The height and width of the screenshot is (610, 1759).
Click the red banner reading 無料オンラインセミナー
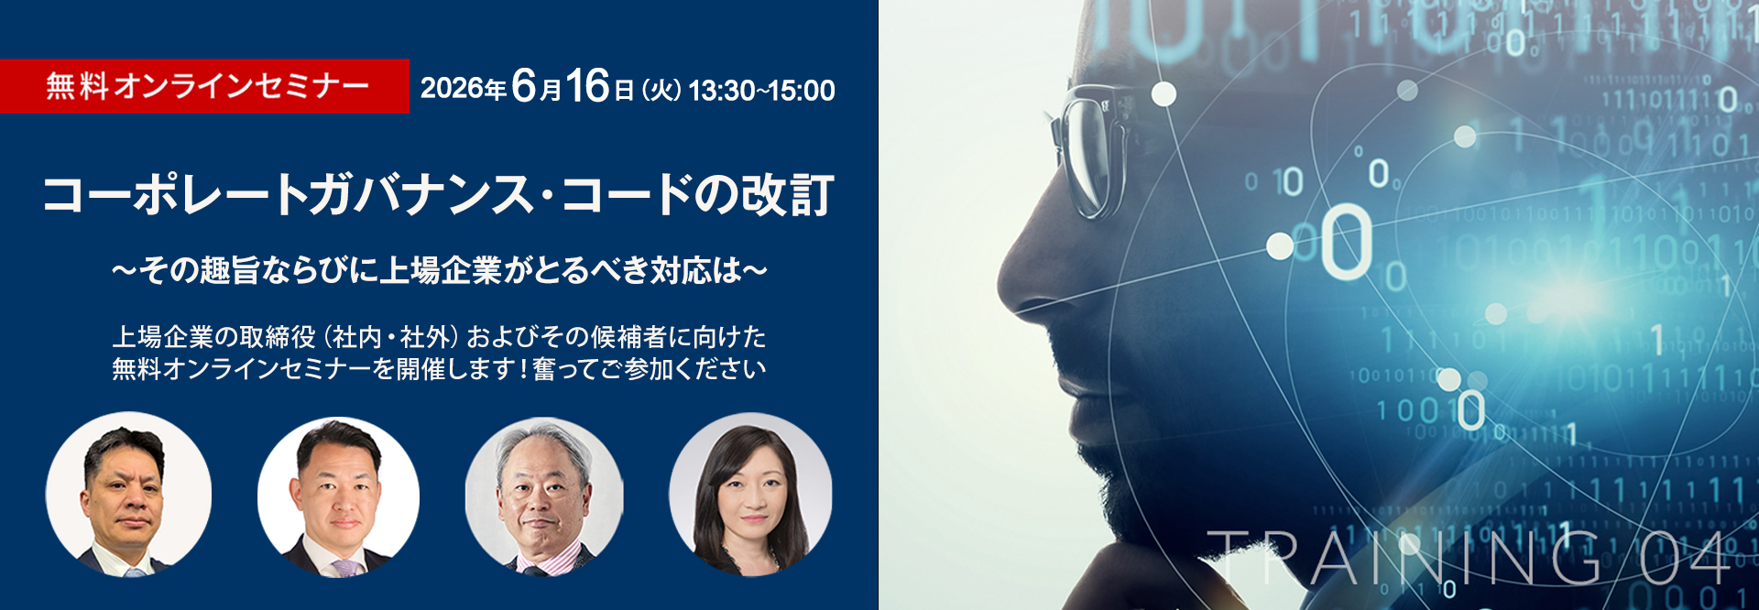coord(204,86)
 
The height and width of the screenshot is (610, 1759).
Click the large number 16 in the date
coord(587,86)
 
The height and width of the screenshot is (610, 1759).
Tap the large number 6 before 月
coord(523,86)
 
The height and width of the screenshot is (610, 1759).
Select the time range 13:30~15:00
coord(761,91)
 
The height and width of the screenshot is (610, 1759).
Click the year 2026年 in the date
coord(464,88)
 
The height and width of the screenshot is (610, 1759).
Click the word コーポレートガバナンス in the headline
coord(288,194)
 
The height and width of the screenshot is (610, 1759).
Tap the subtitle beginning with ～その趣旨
coord(439,270)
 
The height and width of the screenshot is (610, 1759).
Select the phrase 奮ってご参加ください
coord(649,369)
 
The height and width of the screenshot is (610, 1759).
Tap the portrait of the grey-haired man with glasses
coord(544,496)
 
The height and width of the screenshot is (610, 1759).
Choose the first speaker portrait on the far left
coord(128,495)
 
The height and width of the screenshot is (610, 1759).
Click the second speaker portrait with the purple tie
coord(338,496)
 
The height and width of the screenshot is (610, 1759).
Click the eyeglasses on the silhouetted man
coord(1092,149)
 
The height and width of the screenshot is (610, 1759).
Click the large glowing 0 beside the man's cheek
coord(1347,240)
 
